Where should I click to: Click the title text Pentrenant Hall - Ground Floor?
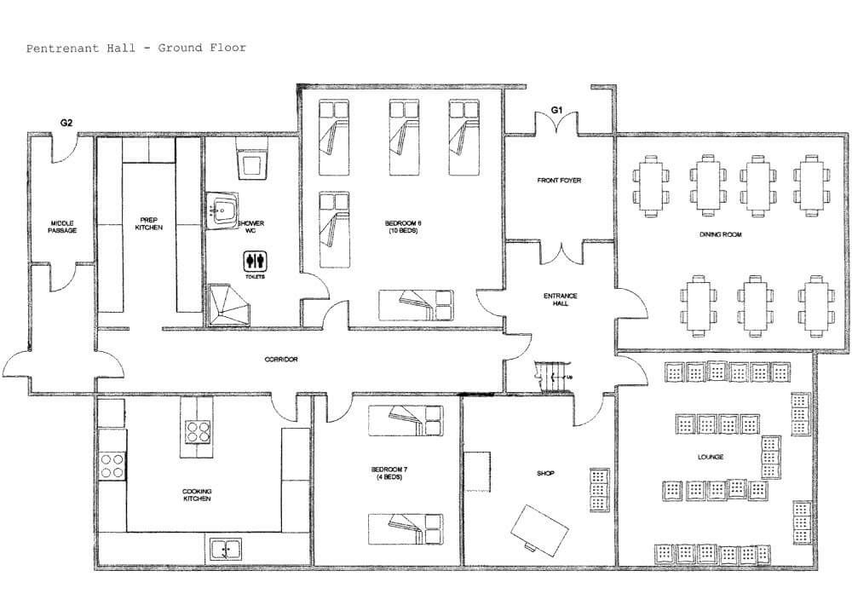coord(136,48)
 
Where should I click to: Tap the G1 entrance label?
coord(557,110)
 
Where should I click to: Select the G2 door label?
coord(66,123)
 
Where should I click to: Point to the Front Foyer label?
coord(559,181)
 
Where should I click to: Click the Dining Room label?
coord(720,233)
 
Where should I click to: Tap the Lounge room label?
coord(710,458)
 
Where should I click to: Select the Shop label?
coord(546,474)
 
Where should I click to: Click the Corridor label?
coord(280,360)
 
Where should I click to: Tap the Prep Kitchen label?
coord(150,224)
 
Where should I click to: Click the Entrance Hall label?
coord(560,300)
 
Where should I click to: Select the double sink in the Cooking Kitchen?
coord(223,550)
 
